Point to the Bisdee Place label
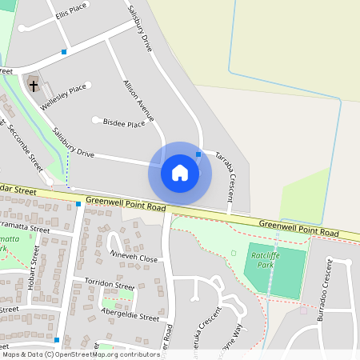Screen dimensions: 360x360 (x=125, y=123)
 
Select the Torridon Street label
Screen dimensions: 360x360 (x=110, y=285)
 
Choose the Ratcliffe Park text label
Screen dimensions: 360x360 (x=263, y=258)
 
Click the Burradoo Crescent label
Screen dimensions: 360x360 (x=324, y=282)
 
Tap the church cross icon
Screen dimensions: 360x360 (x=34, y=82)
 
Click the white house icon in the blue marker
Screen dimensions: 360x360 (x=180, y=173)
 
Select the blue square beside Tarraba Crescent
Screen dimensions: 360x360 (x=198, y=153)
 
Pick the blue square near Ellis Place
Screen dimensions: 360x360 (x=64, y=52)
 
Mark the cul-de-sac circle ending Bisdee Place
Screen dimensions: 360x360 (x=96, y=121)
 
